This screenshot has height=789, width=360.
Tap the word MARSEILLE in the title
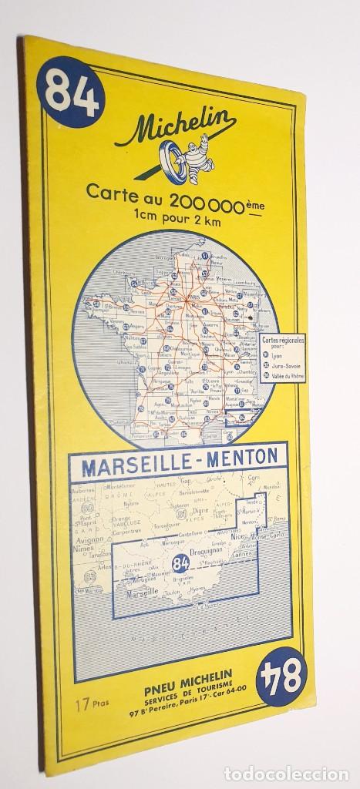pyautogui.click(x=139, y=457)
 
